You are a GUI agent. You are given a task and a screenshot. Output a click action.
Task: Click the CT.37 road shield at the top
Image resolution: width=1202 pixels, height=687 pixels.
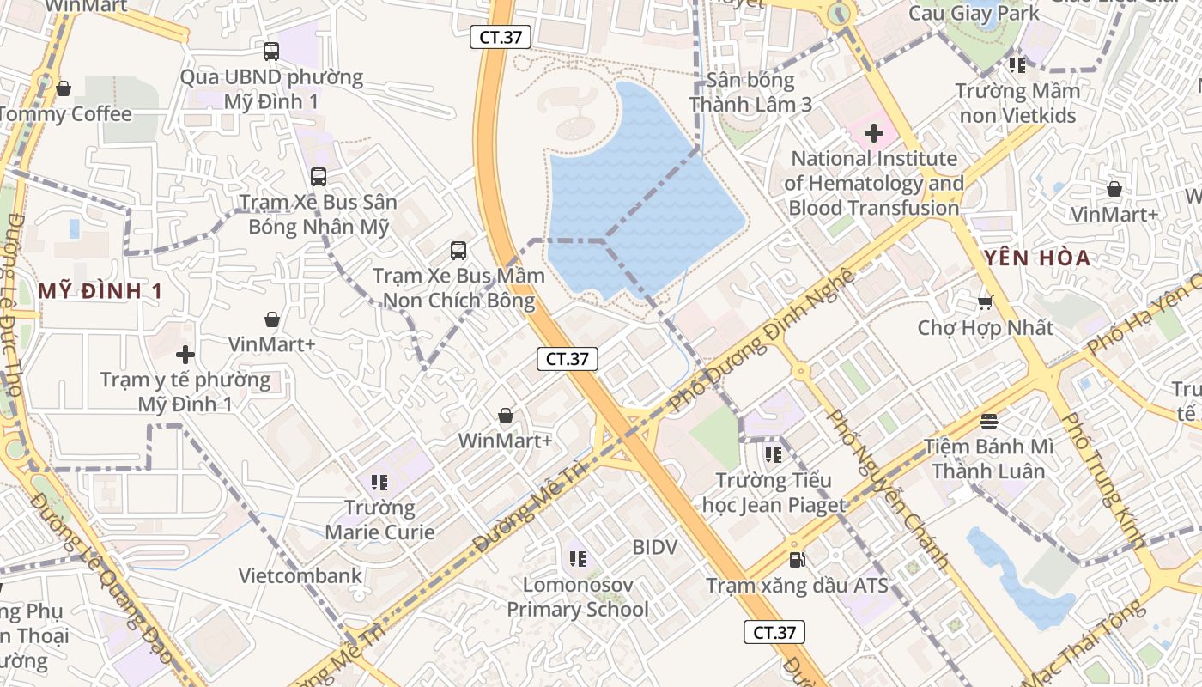501,37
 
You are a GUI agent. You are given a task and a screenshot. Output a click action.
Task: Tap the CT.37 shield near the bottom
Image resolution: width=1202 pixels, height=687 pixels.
774,633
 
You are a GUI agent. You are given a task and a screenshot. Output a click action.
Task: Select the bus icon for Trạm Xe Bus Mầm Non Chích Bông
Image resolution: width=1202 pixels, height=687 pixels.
458,251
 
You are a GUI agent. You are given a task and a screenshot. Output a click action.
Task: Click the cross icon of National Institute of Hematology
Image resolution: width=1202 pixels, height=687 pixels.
874,133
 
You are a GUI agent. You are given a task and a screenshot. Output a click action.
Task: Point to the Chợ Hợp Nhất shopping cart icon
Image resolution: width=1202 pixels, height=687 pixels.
985,302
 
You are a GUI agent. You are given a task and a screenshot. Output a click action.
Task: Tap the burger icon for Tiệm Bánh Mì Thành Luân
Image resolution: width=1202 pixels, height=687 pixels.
988,421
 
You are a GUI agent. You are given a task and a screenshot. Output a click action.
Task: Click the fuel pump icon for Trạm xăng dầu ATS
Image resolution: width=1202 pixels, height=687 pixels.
797,560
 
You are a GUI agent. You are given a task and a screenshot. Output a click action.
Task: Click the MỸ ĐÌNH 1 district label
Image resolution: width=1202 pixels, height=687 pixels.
100,291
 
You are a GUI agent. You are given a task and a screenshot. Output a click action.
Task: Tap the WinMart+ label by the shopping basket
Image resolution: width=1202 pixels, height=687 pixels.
505,441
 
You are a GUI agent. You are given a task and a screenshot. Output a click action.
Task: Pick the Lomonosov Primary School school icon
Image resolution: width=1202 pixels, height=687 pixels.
578,559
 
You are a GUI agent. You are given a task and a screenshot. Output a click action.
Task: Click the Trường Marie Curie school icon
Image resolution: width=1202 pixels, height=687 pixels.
379,482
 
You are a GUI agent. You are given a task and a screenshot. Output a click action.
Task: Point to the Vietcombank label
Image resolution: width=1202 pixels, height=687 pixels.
300,575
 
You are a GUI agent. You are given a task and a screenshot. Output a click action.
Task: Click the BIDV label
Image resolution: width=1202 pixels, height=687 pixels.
655,547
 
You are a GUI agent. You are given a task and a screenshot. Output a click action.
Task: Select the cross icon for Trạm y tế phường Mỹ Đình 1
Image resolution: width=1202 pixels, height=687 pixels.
185,354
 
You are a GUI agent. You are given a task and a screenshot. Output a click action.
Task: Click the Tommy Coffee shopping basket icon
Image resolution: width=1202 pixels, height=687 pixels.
63,88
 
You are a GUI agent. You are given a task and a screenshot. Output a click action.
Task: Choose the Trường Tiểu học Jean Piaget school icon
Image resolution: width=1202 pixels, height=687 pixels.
773,454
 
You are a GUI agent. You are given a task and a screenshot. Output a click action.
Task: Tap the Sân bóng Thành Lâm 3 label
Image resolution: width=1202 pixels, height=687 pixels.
750,93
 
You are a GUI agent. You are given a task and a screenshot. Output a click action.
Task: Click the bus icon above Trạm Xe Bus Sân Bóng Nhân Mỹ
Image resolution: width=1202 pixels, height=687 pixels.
319,177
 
